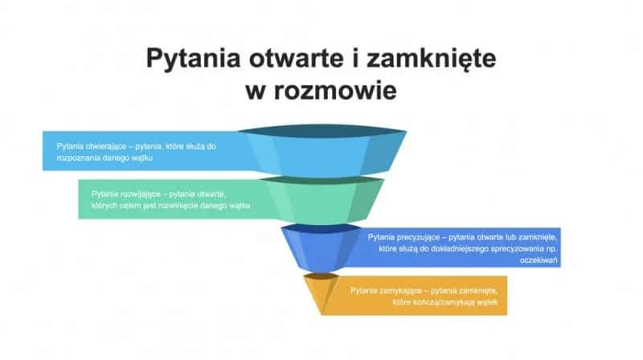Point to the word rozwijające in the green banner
tap(141, 194)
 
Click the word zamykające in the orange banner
tap(403, 289)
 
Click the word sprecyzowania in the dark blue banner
tap(515, 250)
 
